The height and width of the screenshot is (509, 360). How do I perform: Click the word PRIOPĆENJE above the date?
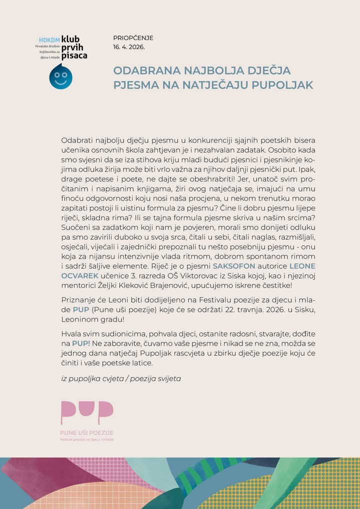[133, 38]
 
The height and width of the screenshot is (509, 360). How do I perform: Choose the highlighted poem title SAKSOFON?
[234, 266]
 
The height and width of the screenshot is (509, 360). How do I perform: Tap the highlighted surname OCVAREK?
[80, 275]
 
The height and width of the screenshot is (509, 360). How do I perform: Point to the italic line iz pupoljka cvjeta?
[92, 378]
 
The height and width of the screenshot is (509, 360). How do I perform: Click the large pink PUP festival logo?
[86, 412]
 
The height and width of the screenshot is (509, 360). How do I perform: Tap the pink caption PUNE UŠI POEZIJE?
[86, 432]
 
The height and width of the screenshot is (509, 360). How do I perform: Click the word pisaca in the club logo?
[74, 55]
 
